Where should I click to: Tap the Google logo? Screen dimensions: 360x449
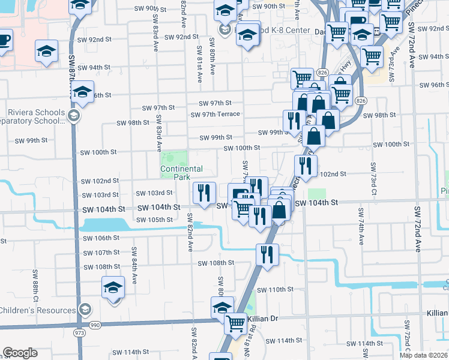click(x=20, y=353)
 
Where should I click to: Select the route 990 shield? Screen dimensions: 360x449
click(x=95, y=325)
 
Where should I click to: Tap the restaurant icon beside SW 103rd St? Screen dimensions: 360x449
click(x=204, y=193)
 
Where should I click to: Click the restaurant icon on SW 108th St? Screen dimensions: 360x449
click(x=267, y=254)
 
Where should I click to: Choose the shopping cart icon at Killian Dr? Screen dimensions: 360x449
click(x=235, y=324)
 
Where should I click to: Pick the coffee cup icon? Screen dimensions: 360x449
click(x=4, y=41)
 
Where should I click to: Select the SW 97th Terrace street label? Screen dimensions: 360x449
click(x=215, y=114)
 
